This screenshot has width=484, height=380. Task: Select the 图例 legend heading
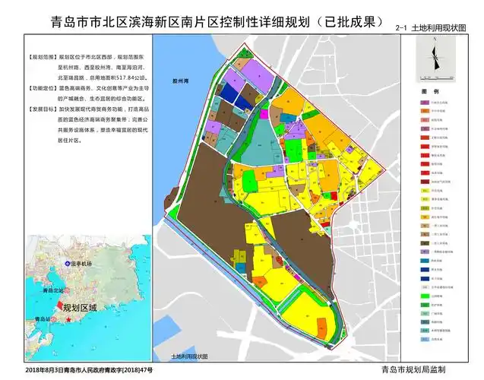click(x=427, y=92)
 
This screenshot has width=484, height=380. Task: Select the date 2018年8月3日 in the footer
click(x=42, y=369)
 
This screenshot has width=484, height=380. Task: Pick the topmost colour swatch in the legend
click(x=425, y=101)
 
